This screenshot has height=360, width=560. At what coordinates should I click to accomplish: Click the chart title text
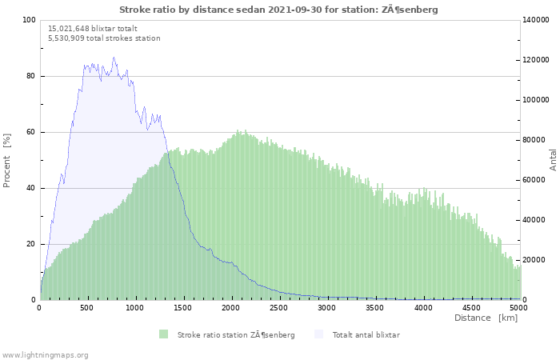[278, 10]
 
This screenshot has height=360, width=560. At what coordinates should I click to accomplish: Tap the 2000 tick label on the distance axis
[230, 308]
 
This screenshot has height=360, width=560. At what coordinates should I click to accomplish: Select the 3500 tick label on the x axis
[374, 308]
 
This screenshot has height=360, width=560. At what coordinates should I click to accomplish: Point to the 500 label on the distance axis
[86, 308]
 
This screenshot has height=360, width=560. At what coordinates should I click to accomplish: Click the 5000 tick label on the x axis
[518, 308]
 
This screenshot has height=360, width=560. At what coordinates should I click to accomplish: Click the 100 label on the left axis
[30, 20]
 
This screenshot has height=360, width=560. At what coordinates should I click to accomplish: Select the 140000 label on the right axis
[536, 20]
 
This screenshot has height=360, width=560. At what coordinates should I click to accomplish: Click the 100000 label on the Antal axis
[536, 100]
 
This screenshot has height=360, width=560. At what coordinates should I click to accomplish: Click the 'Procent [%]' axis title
[6, 160]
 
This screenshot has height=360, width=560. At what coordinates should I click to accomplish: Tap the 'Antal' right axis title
[553, 160]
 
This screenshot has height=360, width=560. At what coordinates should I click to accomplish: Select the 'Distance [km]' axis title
[486, 318]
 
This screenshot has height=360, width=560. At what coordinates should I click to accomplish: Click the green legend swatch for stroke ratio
[163, 334]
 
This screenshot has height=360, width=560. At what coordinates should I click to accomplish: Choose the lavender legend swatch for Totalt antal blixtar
[318, 334]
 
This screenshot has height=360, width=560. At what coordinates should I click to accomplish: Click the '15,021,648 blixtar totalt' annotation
[93, 29]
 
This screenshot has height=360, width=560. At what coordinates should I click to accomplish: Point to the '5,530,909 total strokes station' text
[104, 38]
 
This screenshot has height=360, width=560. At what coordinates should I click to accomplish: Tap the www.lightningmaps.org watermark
[44, 355]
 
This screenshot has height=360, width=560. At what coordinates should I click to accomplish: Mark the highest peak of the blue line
[114, 57]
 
